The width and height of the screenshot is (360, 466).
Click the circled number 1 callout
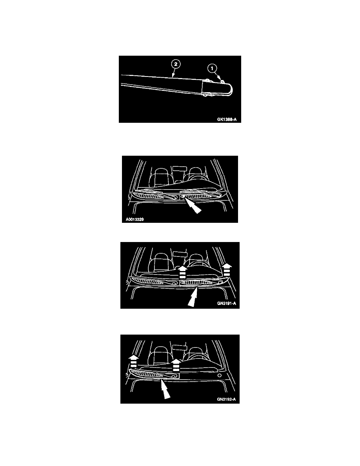[212, 68]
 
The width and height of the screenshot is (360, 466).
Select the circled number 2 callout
[176, 64]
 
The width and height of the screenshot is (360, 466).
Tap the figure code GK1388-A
[227, 120]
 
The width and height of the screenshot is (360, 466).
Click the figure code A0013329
[135, 220]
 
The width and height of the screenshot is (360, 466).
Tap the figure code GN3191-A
[227, 304]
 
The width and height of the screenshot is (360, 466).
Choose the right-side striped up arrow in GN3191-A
[227, 269]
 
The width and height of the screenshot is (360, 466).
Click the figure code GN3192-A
[226, 399]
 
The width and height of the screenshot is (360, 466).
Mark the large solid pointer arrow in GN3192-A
[165, 390]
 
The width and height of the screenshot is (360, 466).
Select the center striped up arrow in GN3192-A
[176, 365]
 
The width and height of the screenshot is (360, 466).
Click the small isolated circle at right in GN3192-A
[220, 376]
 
